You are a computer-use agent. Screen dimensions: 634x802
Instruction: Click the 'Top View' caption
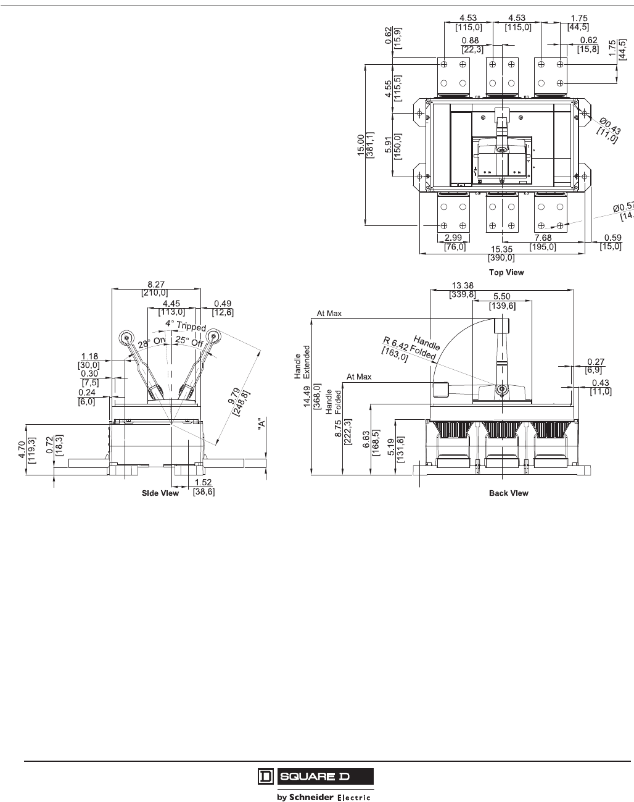point(506,272)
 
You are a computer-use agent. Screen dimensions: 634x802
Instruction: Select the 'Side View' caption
point(160,493)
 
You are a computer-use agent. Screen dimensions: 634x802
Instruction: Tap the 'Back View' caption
point(509,493)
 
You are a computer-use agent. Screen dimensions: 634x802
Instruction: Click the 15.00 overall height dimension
point(361,144)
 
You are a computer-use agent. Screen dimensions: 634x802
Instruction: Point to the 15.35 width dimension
point(501,249)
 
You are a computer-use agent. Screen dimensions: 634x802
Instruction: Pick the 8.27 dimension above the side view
point(156,285)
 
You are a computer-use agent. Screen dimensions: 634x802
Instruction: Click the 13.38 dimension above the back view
point(463,285)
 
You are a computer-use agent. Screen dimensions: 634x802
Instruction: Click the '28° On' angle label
point(152,342)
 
